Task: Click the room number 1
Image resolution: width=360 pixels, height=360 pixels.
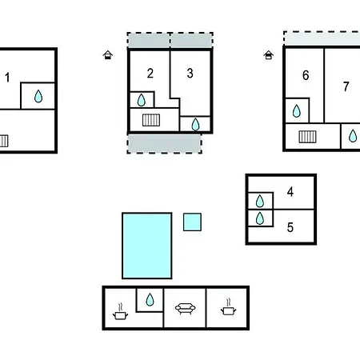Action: tap(7, 78)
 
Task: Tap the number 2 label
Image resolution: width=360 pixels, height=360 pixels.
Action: tap(150, 73)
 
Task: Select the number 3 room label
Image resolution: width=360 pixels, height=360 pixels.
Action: tap(190, 73)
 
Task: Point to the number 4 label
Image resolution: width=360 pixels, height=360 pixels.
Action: tap(290, 192)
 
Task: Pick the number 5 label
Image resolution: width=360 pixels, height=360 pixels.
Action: tap(290, 227)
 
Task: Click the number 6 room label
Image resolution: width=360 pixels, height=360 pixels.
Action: tap(306, 75)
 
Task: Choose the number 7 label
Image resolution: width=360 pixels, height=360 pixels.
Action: tap(346, 86)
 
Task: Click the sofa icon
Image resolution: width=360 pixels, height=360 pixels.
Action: tap(186, 309)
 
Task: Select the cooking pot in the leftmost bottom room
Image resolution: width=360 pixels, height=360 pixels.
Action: tap(120, 311)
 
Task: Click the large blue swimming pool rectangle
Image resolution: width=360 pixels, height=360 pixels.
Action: tap(147, 246)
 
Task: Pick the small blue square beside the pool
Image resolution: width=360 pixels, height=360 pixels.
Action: tap(192, 222)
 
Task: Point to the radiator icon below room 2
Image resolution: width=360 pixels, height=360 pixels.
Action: tap(151, 120)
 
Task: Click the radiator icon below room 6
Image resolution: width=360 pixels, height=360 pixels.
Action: tap(307, 137)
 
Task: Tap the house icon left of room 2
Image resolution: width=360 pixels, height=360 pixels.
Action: tap(108, 55)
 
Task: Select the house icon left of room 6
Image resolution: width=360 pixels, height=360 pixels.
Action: tap(269, 55)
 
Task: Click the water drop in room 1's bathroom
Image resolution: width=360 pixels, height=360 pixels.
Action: tap(38, 96)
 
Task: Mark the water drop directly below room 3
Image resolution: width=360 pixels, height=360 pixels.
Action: tap(195, 124)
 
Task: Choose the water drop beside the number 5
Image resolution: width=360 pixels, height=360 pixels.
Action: tap(260, 218)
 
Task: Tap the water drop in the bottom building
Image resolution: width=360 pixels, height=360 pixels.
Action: tap(150, 299)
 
